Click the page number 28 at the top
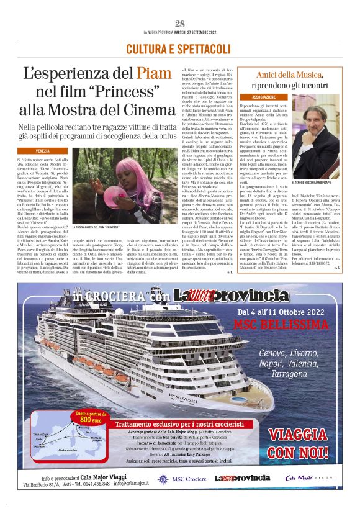180,24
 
